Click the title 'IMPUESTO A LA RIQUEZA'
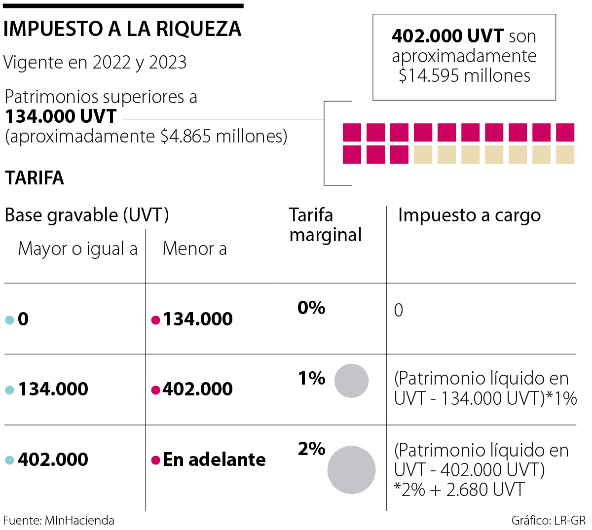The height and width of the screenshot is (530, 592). pos(122,30)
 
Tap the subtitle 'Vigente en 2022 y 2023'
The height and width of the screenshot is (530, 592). pos(95,63)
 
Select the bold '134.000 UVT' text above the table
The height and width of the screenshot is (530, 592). pos(61,117)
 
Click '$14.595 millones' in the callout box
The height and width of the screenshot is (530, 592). pos(464,75)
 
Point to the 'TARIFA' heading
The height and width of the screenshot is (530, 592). pos(35,178)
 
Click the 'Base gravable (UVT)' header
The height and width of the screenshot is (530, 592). pos(87,215)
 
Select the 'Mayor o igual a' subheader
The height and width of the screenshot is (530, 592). pos(78,249)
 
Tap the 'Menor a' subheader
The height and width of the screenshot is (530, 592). pos(194,249)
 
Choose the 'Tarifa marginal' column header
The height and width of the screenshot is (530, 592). pos(325,225)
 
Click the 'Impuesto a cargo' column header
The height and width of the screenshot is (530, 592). pos(469,215)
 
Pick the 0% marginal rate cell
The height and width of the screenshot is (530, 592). pos(311,308)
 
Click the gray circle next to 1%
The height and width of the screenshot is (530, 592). pos(351,381)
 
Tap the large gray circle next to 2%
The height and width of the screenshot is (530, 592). pos(351,470)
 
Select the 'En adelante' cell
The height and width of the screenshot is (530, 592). pos(214,459)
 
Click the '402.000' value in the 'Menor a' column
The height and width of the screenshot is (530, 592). pos(197,389)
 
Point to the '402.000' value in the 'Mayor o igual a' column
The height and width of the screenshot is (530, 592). pos(53,459)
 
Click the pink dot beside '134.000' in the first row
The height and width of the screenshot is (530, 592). pos(155,320)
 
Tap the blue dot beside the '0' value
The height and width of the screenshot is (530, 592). pos(9,320)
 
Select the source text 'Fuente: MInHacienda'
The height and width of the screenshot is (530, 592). pos(59,521)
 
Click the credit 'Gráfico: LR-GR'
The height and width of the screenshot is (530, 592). pos(548,521)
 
